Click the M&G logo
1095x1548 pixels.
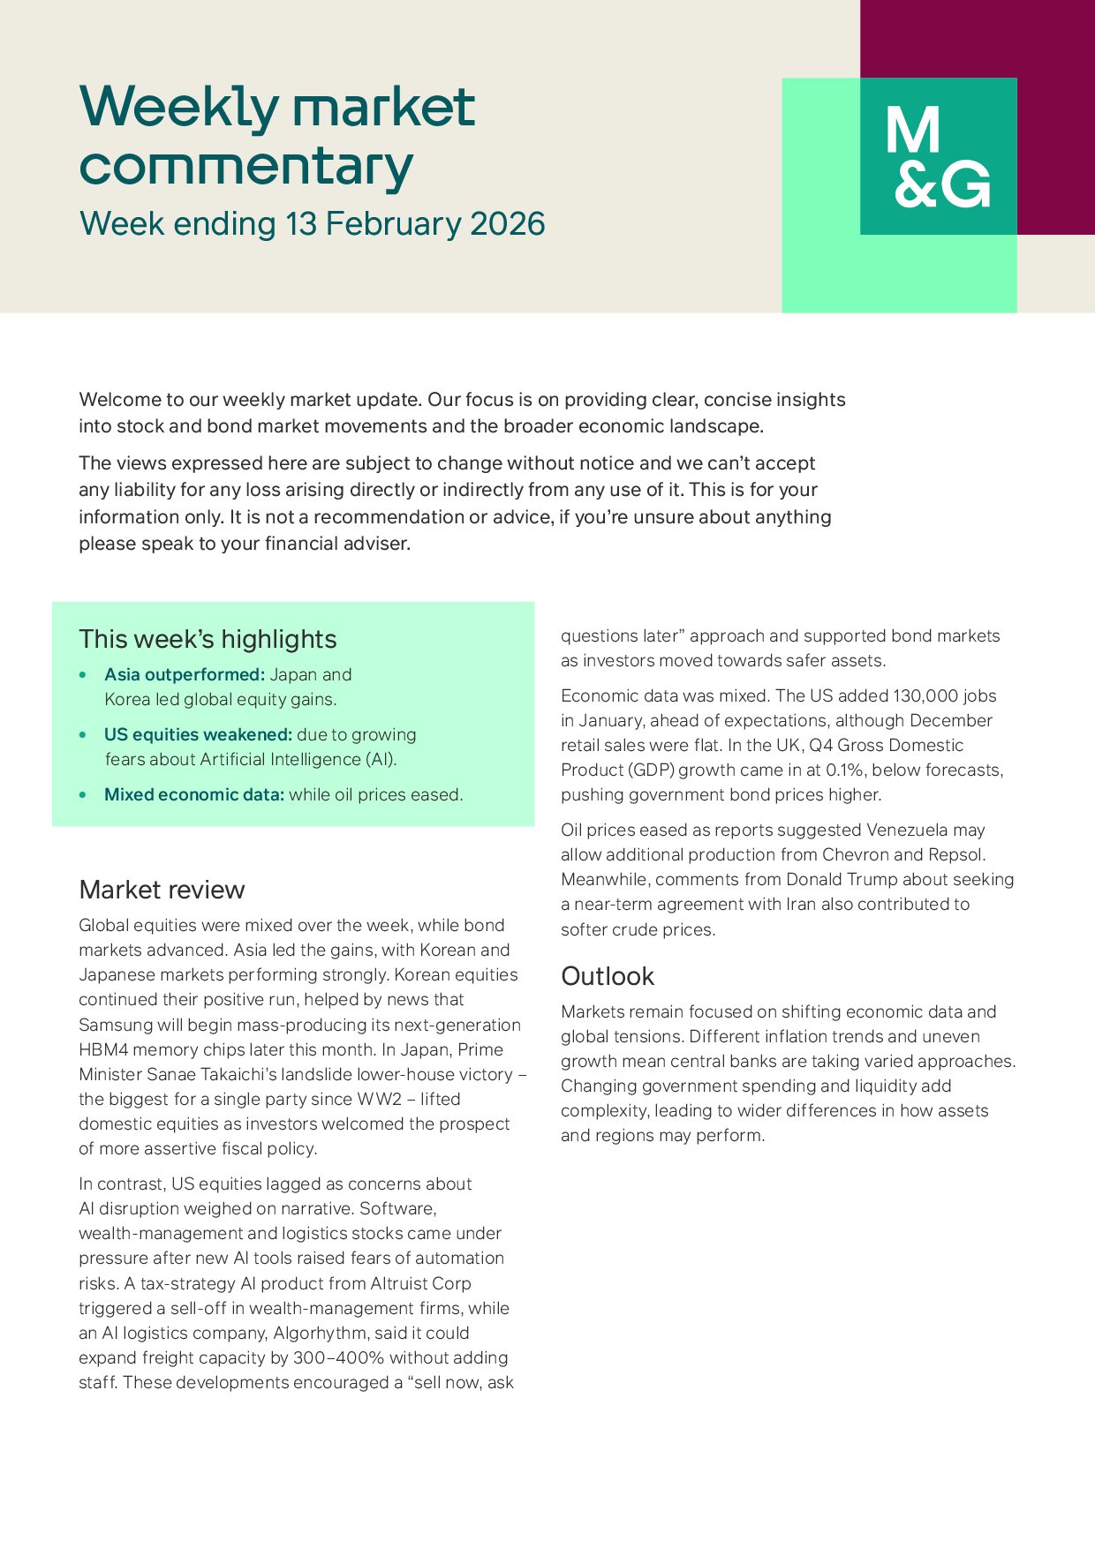tap(938, 157)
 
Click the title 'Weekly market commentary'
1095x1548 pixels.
tap(277, 136)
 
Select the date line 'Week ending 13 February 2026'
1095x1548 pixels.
tap(312, 224)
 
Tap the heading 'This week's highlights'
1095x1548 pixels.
tap(208, 639)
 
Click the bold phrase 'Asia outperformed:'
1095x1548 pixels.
tap(184, 675)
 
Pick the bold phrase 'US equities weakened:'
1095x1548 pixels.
tap(198, 735)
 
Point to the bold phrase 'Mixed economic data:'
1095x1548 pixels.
tap(194, 795)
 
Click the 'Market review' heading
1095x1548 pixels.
tap(162, 890)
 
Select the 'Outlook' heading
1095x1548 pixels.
tap(608, 976)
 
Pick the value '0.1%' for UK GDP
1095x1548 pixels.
tap(844, 770)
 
